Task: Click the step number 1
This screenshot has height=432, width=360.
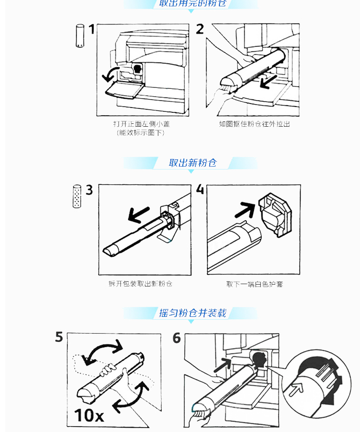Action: click(x=91, y=30)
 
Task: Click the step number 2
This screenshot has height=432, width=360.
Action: click(x=200, y=29)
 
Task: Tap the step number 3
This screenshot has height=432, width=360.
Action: click(x=89, y=190)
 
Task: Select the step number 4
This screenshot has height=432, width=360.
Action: click(x=200, y=190)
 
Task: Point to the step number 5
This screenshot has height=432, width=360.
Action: click(x=59, y=337)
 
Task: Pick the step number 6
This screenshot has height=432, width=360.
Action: click(x=177, y=338)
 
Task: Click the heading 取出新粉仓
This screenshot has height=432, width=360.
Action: click(x=192, y=163)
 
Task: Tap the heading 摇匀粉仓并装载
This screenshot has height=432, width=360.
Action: click(x=192, y=313)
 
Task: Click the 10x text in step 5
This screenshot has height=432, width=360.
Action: click(x=89, y=415)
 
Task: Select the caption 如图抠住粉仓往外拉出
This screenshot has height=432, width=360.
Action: click(x=254, y=124)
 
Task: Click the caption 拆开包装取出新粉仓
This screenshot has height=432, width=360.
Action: click(x=140, y=284)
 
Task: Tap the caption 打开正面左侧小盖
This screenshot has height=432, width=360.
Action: click(x=141, y=124)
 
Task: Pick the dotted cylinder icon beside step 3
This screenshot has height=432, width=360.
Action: click(x=76, y=196)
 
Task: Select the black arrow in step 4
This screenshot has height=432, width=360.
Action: click(x=246, y=209)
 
